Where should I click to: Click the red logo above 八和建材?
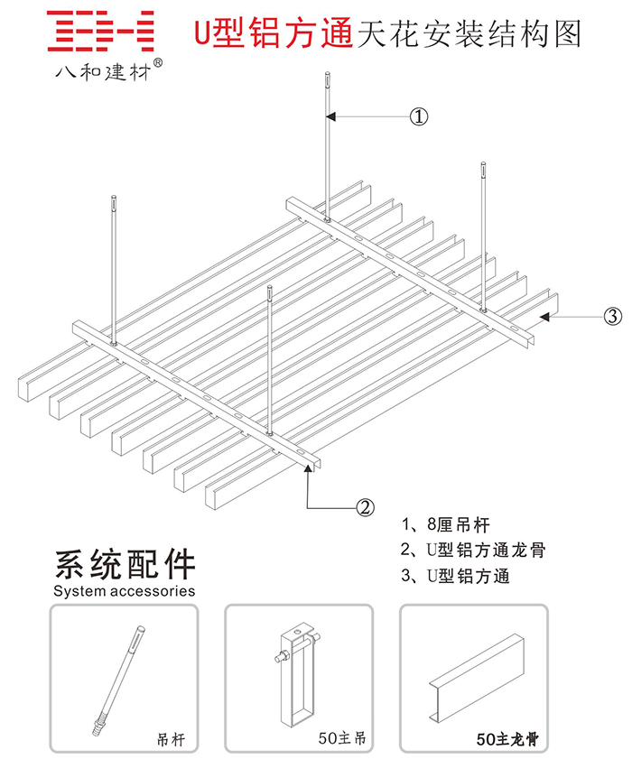tap(100, 32)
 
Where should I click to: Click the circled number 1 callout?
tap(418, 116)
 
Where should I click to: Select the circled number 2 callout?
tap(365, 507)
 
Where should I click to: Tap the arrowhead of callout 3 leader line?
tap(544, 316)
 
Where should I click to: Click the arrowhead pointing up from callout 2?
tap(310, 470)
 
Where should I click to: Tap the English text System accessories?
tap(125, 592)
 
